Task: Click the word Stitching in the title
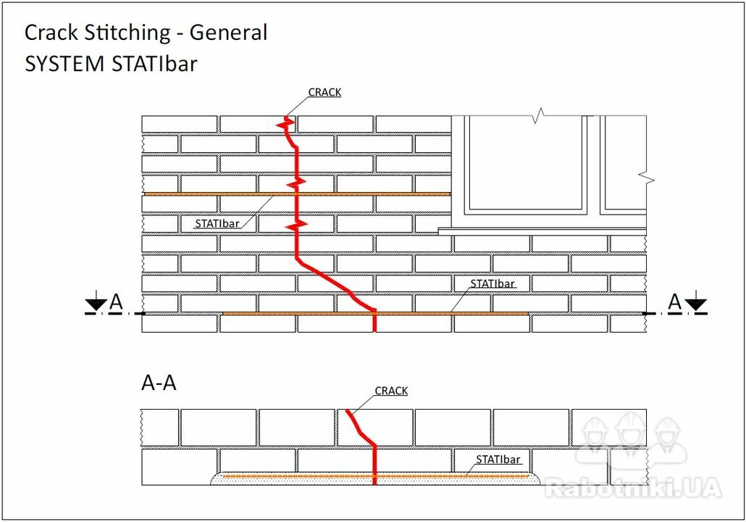[x=127, y=33]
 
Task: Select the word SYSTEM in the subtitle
[x=64, y=64]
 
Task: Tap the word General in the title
[x=228, y=33]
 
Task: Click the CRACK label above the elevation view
[x=324, y=92]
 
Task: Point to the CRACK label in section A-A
[x=391, y=391]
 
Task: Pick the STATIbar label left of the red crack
[x=217, y=223]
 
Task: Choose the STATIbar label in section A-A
[x=498, y=460]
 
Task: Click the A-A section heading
[x=159, y=383]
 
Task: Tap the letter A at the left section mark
[x=116, y=302]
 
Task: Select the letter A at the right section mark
[x=674, y=302]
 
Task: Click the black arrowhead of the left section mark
[x=96, y=304]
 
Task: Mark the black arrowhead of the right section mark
[x=696, y=304]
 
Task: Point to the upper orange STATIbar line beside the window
[x=298, y=194]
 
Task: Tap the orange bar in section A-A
[x=376, y=476]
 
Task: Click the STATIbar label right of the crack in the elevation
[x=493, y=284]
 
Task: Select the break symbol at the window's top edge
[x=537, y=116]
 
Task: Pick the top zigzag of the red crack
[x=286, y=124]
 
